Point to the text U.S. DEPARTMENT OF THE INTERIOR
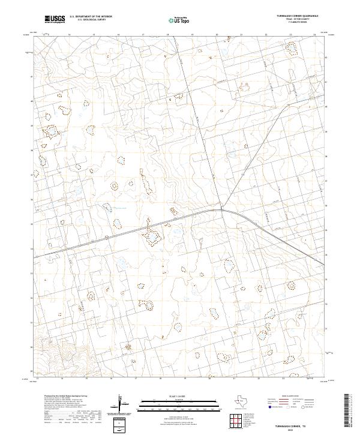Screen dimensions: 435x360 (x=91, y=17)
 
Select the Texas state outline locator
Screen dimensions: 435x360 (x=245, y=402)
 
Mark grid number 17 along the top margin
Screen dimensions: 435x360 (x=143, y=35)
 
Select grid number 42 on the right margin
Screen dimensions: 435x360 (x=326, y=58)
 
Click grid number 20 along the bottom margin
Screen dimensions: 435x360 (x=209, y=379)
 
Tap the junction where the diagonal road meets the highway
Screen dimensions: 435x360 (x=221, y=209)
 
